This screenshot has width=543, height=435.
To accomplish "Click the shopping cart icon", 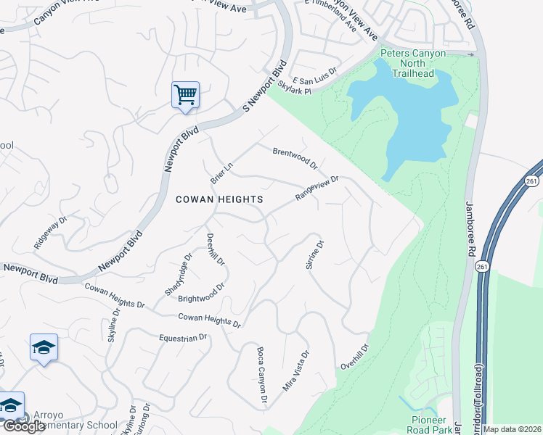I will tap(185, 95).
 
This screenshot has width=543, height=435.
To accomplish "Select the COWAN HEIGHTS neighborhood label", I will tap(219, 199).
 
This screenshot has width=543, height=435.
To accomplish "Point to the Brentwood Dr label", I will tap(295, 158).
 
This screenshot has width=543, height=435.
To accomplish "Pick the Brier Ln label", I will tap(221, 172).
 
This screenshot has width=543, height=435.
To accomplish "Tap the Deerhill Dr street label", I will tap(216, 249).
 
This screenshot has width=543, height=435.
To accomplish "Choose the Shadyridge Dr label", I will tap(177, 275).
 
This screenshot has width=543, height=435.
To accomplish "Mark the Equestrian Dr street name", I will tap(183, 337).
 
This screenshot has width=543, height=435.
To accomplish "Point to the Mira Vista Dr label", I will tap(296, 370).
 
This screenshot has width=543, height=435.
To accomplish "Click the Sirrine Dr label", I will tap(314, 254).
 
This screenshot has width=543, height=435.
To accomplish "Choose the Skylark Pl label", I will tap(295, 88).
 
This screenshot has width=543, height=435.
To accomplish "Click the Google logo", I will tap(25, 426).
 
